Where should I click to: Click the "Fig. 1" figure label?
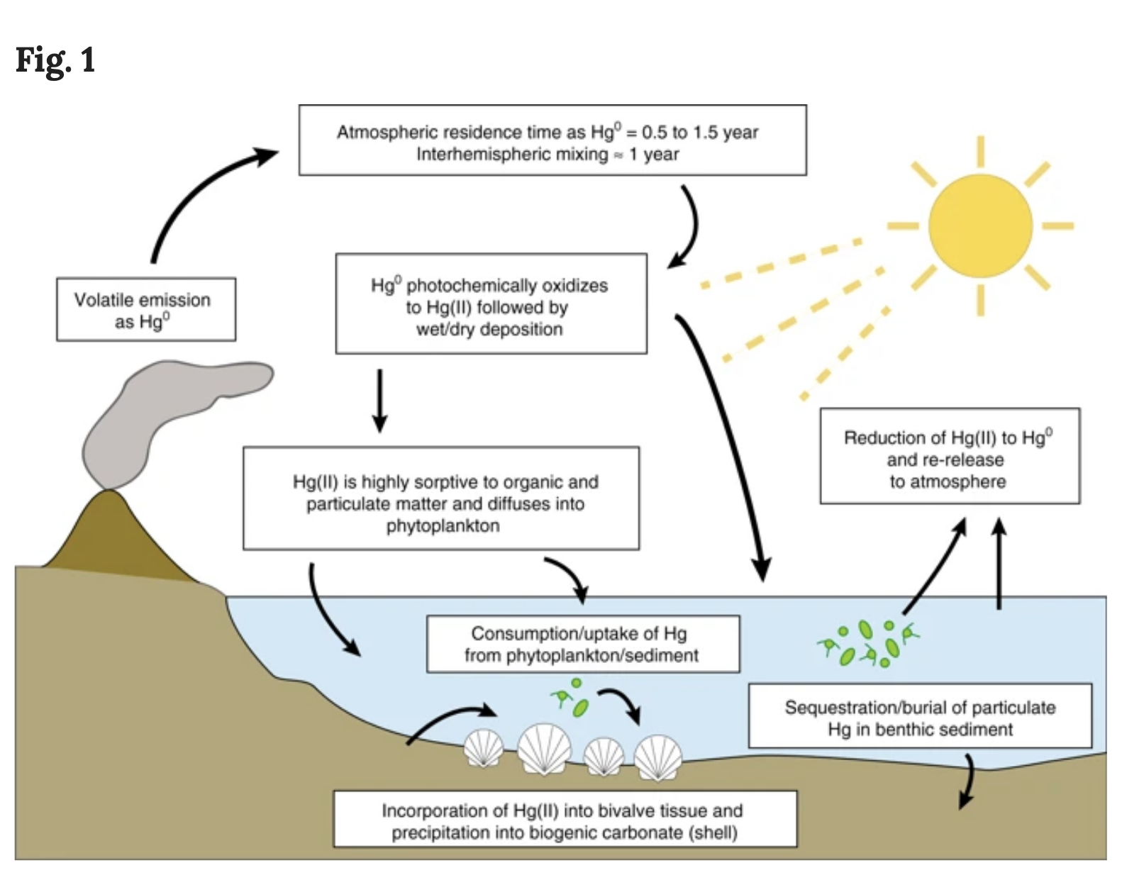coord(55,60)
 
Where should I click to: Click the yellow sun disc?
coord(980,225)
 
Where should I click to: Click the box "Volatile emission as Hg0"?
coord(145,309)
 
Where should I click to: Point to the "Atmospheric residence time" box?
coord(552,140)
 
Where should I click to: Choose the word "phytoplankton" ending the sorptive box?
coord(443,526)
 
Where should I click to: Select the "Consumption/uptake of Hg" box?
coord(582,644)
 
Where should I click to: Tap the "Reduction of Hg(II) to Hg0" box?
coord(949,457)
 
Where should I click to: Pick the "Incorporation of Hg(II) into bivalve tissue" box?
coord(565,820)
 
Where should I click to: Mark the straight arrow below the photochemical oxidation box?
coord(380,401)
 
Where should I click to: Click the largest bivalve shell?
coord(544,749)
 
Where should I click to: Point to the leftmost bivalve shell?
coord(484,749)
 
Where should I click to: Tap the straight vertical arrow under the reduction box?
coord(999,564)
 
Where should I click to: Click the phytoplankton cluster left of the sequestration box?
coord(869,643)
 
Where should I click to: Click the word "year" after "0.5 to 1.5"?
coord(741,133)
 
